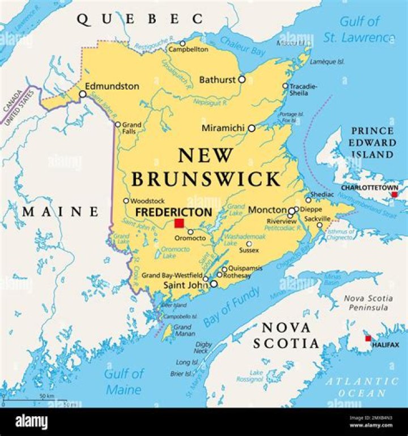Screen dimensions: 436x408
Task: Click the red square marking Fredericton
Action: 179,223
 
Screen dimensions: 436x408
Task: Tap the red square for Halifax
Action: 368,338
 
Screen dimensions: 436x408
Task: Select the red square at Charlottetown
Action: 394,194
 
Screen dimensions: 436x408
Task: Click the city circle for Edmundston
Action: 83,94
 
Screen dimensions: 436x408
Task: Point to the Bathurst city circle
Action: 242,80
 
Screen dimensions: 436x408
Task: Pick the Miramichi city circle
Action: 252,128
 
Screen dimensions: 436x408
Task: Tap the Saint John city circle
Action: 214,283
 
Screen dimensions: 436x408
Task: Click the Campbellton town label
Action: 188,50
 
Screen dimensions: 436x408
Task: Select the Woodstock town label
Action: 147,201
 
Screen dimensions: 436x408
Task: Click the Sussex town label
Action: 249,250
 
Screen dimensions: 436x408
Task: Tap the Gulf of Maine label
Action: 124,382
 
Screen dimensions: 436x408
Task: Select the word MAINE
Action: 61,212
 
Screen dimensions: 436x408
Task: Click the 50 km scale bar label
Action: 46,395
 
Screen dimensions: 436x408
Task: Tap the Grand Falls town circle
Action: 118,125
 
